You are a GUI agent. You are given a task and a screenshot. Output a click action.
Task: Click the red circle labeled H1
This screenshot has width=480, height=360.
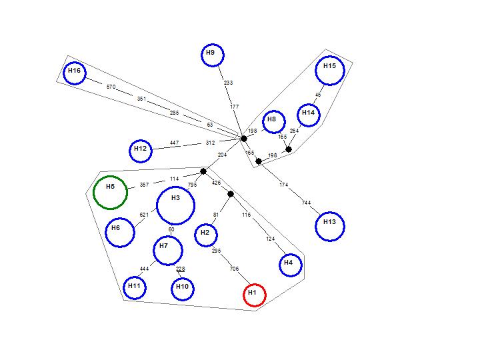[x=254, y=295]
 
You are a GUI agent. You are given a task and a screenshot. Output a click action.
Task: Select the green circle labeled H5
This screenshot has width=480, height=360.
[x=111, y=192]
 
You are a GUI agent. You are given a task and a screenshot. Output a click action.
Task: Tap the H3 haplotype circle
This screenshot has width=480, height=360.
[x=175, y=205]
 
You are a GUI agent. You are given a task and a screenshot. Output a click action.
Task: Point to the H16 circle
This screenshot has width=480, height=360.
[x=75, y=73]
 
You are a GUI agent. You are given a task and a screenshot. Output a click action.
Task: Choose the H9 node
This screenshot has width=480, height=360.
[x=212, y=54]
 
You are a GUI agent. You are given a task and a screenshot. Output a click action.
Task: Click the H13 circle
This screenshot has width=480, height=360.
[x=330, y=227]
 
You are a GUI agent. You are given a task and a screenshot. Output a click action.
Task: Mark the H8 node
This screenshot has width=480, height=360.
[x=273, y=121]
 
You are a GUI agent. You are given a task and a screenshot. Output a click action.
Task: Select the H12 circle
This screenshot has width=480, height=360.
[x=141, y=151]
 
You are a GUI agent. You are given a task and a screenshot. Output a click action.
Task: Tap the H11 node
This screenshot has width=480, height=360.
[x=135, y=288]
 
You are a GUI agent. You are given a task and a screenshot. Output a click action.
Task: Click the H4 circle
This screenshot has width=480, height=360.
[x=290, y=265]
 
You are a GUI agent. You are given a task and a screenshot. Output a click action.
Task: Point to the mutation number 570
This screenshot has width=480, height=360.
[x=111, y=87]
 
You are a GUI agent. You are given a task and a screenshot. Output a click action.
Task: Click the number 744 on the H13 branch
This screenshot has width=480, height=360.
[x=306, y=203]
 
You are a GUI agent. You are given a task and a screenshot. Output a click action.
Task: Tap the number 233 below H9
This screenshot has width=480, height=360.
[x=229, y=83]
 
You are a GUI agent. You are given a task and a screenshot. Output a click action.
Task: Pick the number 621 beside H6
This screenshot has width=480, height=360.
[x=144, y=215]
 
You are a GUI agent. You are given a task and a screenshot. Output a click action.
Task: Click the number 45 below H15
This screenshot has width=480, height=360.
[x=318, y=95]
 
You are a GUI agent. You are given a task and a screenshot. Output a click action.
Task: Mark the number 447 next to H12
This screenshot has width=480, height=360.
[x=174, y=143]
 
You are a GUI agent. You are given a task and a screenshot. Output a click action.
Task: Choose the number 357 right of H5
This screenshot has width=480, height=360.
[x=144, y=185]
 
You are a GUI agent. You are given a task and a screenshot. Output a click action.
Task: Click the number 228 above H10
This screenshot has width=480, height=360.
[x=180, y=269]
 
